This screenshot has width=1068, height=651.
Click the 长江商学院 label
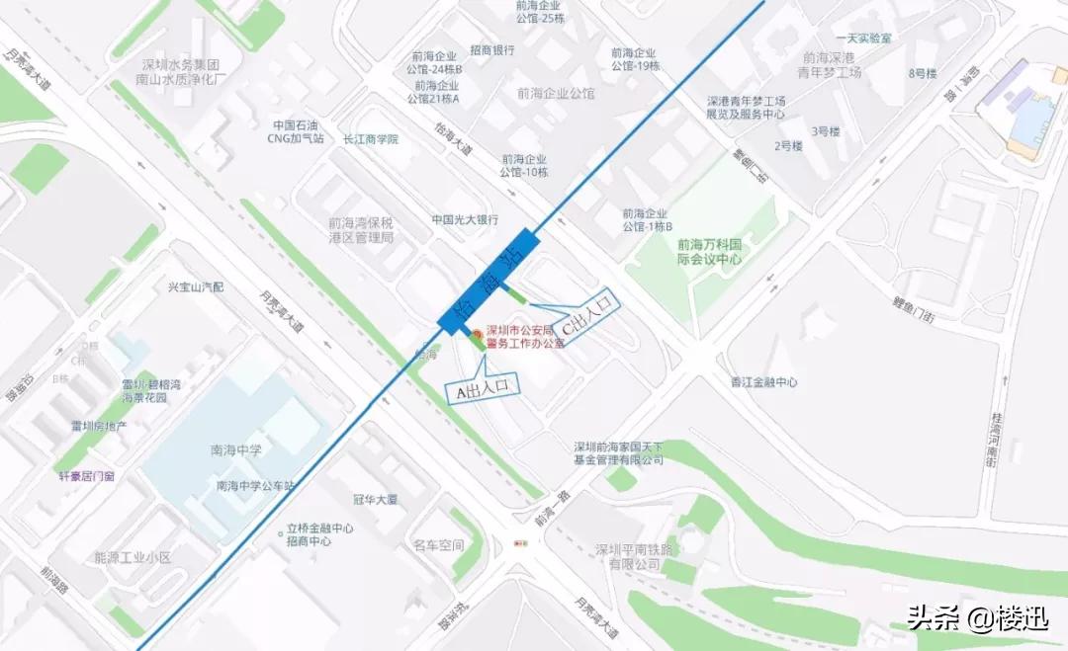click(371, 139)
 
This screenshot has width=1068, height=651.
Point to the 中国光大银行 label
click(464, 219)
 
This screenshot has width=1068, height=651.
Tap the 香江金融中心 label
click(764, 381)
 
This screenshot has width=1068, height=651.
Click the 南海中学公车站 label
click(256, 486)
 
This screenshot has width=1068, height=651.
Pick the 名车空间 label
click(438, 545)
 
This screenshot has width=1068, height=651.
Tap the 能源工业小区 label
click(133, 558)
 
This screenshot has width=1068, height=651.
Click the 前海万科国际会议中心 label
click(709, 252)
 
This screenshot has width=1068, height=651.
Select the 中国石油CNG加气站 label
click(299, 131)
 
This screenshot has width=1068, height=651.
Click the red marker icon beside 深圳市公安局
click(477, 334)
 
